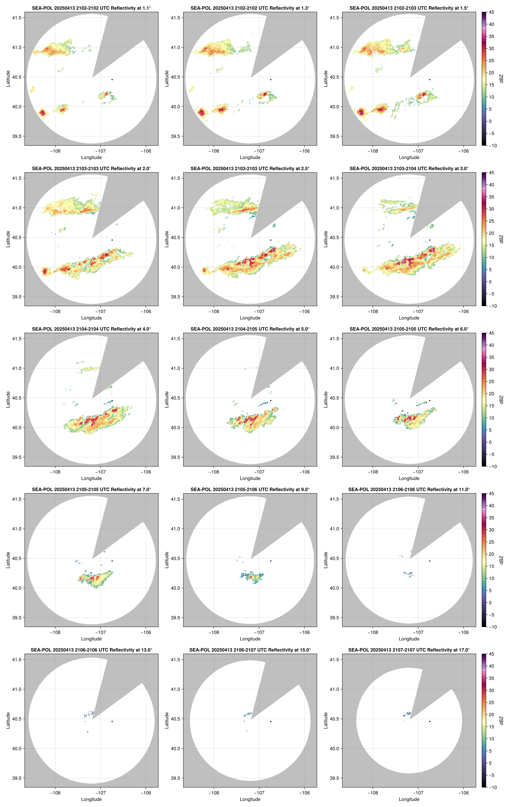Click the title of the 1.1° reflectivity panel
(91, 8)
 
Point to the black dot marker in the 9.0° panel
(271, 561)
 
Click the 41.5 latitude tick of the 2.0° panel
(17, 178)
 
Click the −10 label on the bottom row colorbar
(492, 787)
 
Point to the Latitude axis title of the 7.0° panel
(8, 560)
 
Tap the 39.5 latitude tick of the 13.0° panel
(17, 778)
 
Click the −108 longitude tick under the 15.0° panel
(214, 793)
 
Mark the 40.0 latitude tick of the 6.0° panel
(334, 428)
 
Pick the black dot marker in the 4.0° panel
(112, 400)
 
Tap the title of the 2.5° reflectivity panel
(250, 169)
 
